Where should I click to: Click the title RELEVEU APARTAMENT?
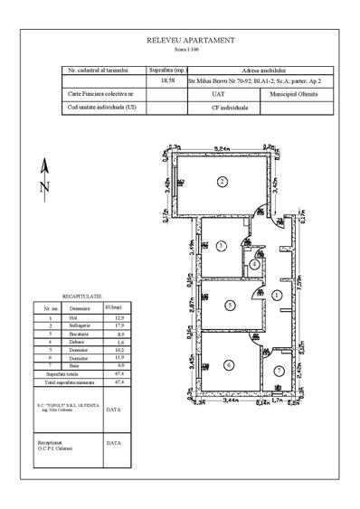pyautogui.click(x=191, y=42)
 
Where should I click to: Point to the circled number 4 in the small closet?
pyautogui.click(x=256, y=265)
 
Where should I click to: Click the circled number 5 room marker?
pyautogui.click(x=231, y=306)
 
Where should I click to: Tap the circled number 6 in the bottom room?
pyautogui.click(x=229, y=364)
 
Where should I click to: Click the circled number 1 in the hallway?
pyautogui.click(x=276, y=295)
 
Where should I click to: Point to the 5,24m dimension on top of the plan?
pyautogui.click(x=221, y=148)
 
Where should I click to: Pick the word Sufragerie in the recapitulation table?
pyautogui.click(x=79, y=326)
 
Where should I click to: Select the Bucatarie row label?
pyautogui.click(x=79, y=335)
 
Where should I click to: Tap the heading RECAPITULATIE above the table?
pyautogui.click(x=81, y=296)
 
